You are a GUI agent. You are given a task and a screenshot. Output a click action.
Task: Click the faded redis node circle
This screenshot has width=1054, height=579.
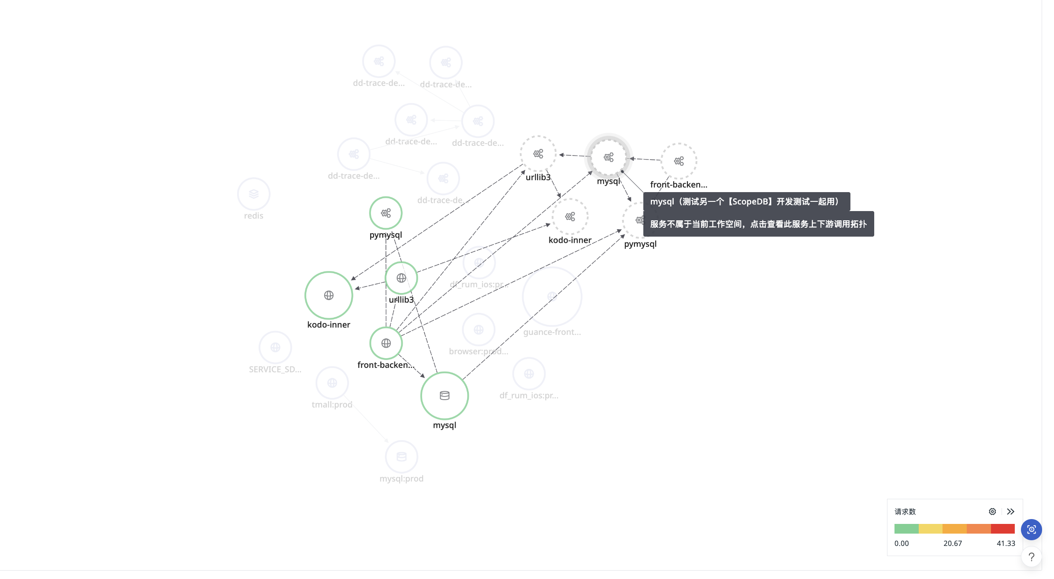(253, 194)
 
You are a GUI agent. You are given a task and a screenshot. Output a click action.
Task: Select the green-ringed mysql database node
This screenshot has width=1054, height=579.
(444, 396)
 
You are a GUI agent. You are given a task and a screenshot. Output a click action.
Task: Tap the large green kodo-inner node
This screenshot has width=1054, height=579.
(329, 295)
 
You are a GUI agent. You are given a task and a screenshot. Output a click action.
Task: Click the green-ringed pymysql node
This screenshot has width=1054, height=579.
(386, 213)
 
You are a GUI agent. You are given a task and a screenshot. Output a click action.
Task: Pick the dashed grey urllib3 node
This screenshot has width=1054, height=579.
(538, 154)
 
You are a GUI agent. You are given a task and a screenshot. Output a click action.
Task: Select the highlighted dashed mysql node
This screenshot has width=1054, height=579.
(609, 157)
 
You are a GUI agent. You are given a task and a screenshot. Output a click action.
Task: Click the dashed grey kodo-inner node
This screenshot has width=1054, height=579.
(570, 217)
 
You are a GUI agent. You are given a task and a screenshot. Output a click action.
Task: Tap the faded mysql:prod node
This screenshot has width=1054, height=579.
(401, 457)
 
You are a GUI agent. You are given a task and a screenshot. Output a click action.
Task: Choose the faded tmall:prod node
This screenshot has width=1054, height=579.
(332, 383)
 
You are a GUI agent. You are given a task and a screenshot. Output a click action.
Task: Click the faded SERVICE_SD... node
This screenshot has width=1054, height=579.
(275, 348)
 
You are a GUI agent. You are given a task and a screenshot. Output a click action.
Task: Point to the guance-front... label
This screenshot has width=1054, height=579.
(552, 332)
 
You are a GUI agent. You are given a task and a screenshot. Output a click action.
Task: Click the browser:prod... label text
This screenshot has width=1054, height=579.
(479, 352)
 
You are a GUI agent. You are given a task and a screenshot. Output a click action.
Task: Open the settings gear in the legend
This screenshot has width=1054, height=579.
(992, 512)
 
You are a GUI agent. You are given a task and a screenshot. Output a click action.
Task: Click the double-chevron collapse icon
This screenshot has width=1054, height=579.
(1011, 512)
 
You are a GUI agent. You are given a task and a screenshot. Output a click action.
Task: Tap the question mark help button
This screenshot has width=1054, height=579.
(1031, 557)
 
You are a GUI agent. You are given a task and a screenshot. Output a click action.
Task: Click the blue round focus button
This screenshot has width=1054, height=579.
(1031, 529)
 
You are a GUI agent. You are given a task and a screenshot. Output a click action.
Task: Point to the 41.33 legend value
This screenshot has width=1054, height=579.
(1006, 543)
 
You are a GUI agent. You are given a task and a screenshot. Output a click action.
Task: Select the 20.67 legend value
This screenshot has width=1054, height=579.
(952, 543)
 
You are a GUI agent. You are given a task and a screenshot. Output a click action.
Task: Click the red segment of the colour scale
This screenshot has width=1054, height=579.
(1002, 529)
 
